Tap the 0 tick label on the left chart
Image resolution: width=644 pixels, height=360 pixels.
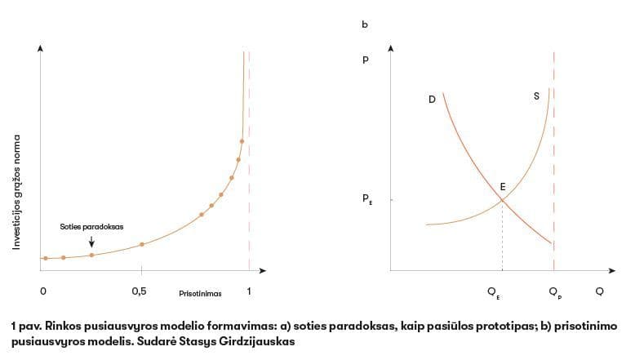[42, 291]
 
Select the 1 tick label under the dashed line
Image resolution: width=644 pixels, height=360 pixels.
[249, 291]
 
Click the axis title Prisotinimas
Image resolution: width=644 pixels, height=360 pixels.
[200, 292]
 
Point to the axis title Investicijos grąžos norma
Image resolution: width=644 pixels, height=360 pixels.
[16, 192]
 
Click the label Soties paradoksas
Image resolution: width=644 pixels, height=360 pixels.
[91, 226]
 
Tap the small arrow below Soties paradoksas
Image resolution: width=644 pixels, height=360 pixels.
[91, 241]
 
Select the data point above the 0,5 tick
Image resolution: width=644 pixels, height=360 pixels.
[142, 244]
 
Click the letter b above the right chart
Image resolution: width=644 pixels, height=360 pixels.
[364, 25]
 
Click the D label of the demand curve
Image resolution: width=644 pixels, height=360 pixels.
[431, 99]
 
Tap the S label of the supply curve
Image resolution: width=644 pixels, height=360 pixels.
[536, 96]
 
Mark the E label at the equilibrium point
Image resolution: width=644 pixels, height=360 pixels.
[503, 187]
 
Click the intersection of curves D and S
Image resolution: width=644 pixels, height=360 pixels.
[502, 201]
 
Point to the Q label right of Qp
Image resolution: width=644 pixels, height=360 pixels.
[600, 291]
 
